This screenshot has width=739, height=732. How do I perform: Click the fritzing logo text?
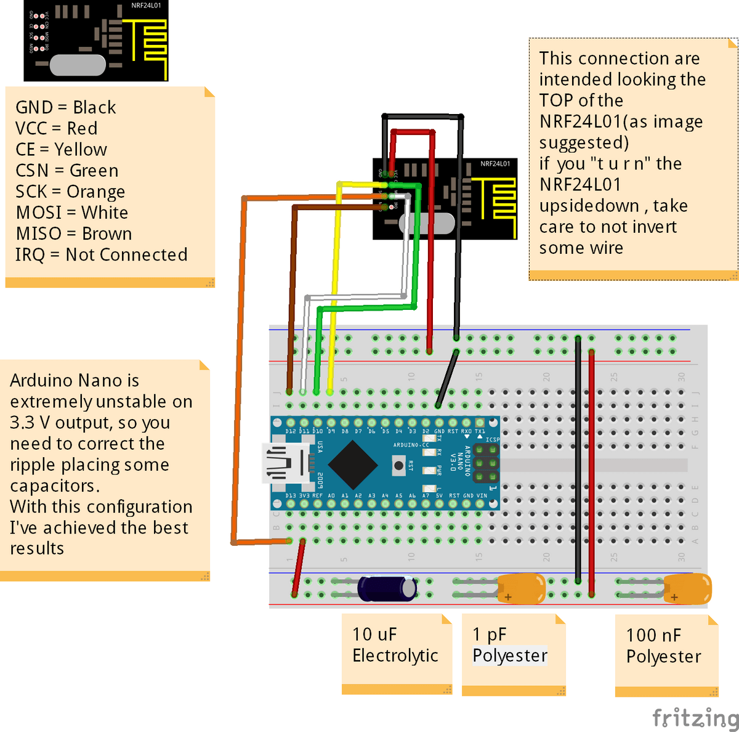695,718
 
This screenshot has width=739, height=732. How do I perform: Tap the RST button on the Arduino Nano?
398,466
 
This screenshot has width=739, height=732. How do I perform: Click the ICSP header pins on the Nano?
486,463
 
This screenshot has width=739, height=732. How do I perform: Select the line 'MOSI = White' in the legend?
72,213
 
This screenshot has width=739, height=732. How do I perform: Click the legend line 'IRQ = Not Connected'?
101,254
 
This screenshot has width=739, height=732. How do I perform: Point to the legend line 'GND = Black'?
65,107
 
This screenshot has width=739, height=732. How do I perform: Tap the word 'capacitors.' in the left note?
55,486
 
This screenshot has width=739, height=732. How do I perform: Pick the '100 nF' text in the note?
653,635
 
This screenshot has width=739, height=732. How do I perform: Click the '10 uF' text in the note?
374,635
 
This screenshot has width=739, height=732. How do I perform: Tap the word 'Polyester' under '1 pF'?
510,656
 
